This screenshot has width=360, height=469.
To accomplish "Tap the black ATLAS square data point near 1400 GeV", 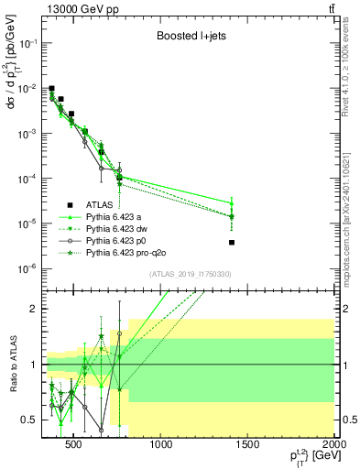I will click(232, 243).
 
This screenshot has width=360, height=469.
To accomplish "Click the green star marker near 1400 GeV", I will click(232, 217).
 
